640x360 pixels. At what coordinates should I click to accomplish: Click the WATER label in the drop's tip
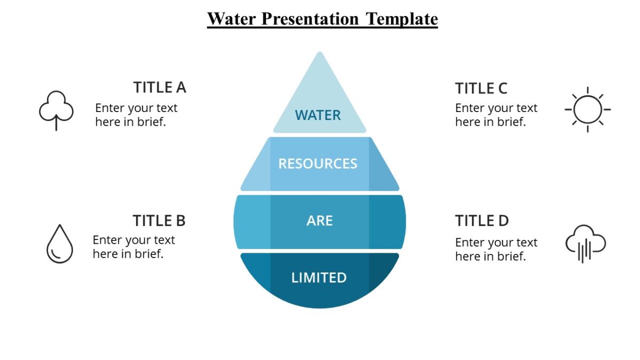pos(318,115)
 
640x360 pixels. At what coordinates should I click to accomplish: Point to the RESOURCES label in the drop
pos(318,163)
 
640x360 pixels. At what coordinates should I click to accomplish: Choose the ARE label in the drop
pos(319,221)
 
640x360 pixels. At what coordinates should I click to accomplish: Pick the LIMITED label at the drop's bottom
pos(319,277)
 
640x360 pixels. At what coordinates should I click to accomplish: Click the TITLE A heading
pos(159,87)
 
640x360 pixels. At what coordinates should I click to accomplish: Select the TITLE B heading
pos(159,220)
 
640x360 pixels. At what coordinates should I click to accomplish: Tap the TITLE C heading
pos(481,88)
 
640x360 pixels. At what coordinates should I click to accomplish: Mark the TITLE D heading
pos(482,220)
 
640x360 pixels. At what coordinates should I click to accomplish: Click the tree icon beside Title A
pos(56,110)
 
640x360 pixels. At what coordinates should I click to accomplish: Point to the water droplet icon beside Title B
pos(60,244)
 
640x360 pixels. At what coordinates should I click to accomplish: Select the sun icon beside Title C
pos(587,109)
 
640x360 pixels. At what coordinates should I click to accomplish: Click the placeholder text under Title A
pos(136,115)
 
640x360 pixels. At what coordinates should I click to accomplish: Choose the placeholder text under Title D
pos(496,249)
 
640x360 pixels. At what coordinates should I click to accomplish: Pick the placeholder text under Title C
pos(496,115)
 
